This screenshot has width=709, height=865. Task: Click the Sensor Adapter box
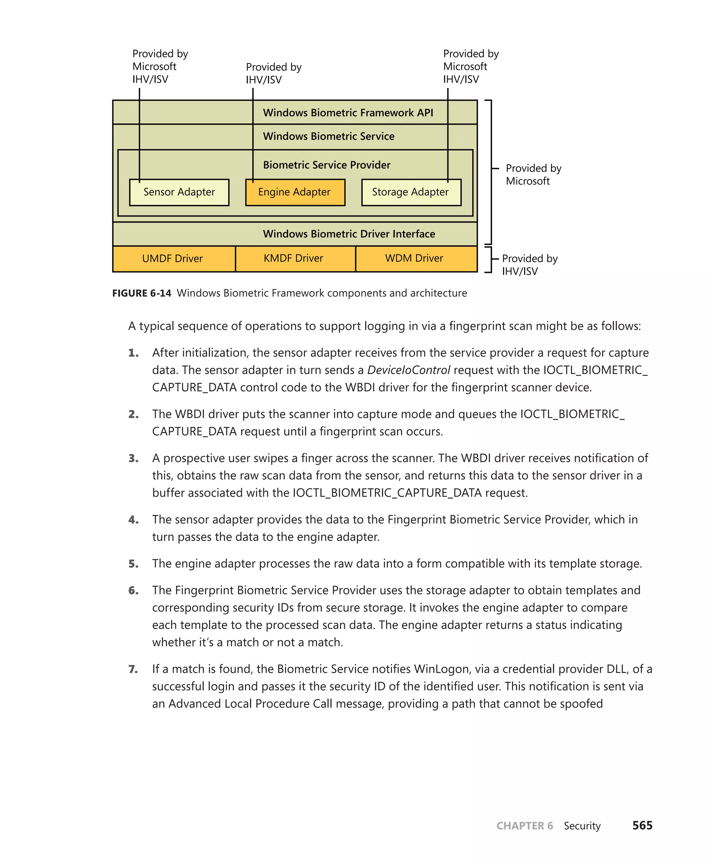pyautogui.click(x=179, y=192)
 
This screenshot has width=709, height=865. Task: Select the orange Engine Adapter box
pyautogui.click(x=295, y=192)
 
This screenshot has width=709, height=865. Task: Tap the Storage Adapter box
pyautogui.click(x=411, y=192)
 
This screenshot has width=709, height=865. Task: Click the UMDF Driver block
pyautogui.click(x=173, y=258)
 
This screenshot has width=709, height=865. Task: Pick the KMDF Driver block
pyautogui.click(x=294, y=258)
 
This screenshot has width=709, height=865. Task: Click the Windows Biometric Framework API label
pyautogui.click(x=348, y=113)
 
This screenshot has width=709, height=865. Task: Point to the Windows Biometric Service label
pyautogui.click(x=329, y=136)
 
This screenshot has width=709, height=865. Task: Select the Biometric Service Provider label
pyautogui.click(x=327, y=165)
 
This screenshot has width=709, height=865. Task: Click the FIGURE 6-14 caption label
pyautogui.click(x=142, y=293)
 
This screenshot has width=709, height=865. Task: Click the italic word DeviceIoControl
pyautogui.click(x=409, y=370)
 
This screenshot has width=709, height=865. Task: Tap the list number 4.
pyautogui.click(x=133, y=520)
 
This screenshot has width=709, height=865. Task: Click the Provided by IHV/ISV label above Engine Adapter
pyautogui.click(x=273, y=73)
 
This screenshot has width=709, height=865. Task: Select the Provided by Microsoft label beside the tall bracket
pyautogui.click(x=533, y=175)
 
